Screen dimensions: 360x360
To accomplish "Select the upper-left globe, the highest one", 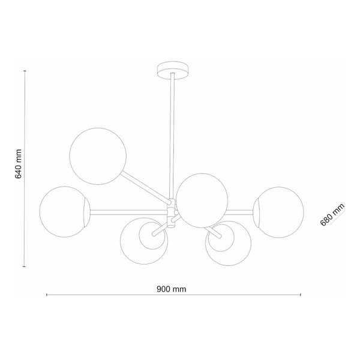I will point(98,155).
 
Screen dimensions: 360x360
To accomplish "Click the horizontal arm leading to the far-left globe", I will point(129,211).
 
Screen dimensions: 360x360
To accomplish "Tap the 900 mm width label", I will point(172,289).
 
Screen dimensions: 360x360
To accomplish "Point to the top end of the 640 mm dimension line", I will point(25,71).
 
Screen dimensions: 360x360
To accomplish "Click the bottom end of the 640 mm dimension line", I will point(25,266).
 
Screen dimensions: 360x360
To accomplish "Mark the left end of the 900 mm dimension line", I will point(47,295).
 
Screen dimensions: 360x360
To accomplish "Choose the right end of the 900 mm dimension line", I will point(300,295).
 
